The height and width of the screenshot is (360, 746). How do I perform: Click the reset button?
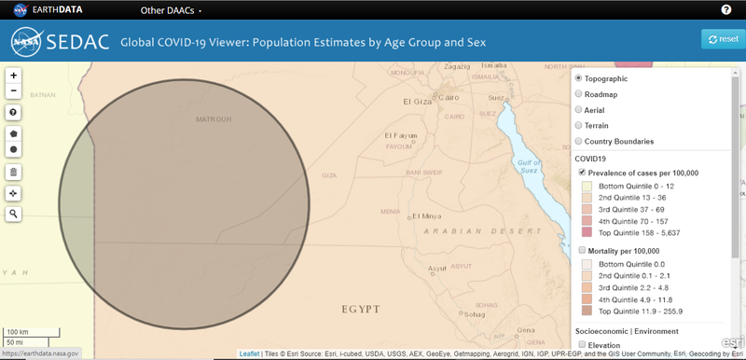[x=724, y=39]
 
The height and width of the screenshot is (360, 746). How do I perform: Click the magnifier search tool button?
[x=14, y=214]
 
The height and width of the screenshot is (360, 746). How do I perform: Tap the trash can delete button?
[x=14, y=172]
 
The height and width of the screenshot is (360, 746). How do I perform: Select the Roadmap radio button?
[x=579, y=93]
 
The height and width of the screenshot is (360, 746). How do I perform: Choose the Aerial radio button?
[x=579, y=109]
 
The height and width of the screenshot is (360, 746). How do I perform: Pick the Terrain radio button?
[x=579, y=125]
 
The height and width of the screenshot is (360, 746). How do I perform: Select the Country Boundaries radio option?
[x=579, y=141]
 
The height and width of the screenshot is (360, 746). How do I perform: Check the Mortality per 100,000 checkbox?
[x=583, y=251]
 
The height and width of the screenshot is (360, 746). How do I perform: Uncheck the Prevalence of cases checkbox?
[x=583, y=173]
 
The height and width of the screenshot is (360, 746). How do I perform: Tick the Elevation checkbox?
[x=583, y=345]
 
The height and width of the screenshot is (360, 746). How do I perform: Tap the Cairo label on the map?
[x=449, y=97]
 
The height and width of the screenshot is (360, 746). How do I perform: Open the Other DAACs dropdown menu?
[x=171, y=10]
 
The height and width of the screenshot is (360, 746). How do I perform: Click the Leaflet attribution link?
[x=249, y=353]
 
